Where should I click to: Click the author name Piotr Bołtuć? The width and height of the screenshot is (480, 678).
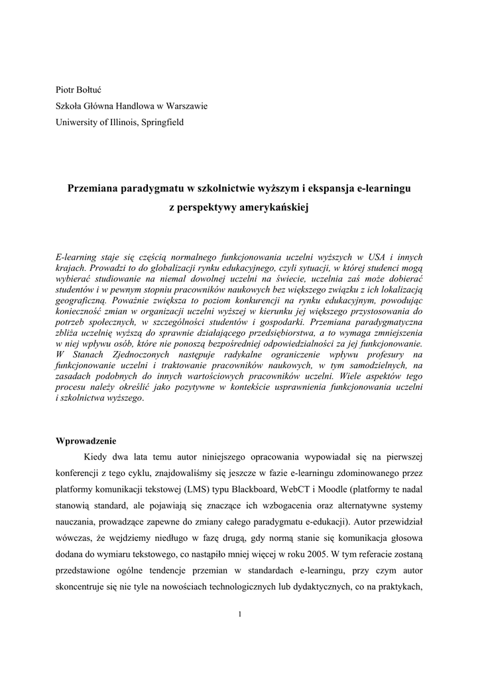click(78, 89)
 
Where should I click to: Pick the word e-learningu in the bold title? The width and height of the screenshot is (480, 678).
click(384, 189)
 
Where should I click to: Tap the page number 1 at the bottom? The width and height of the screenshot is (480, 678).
click(239, 614)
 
